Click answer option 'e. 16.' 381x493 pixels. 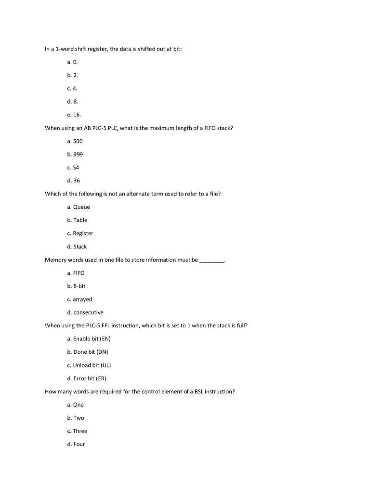[74, 115]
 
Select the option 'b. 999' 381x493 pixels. [75, 154]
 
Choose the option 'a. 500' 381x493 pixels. [75, 141]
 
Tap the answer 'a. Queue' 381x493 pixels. [79, 207]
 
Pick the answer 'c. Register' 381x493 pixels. [80, 234]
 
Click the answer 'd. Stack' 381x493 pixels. [77, 246]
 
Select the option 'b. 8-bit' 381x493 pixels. [77, 286]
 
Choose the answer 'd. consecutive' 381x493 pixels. [85, 312]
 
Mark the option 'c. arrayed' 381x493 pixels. [79, 299]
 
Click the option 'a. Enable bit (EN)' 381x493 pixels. [89, 338]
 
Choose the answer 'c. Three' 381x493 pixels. [77, 431]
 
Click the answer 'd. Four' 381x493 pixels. [76, 444]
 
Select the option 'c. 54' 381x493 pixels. [73, 168]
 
